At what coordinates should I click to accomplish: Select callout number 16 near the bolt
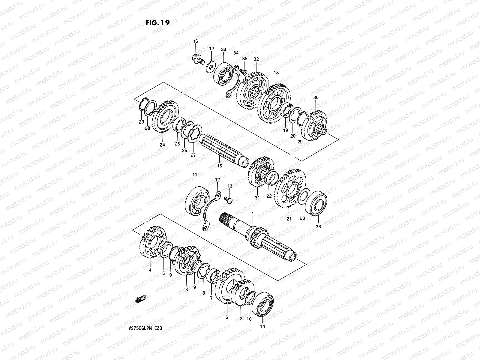tap(195, 41)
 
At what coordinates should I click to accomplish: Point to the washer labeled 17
tap(211, 65)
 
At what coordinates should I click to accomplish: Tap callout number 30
tap(316, 97)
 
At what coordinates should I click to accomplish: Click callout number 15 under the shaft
tap(220, 166)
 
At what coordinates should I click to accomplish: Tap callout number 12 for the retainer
tap(217, 180)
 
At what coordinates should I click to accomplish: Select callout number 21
tap(289, 219)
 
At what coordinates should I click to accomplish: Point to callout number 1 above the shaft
tap(253, 214)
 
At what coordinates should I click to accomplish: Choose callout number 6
tap(226, 317)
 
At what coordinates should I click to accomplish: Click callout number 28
tap(147, 128)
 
